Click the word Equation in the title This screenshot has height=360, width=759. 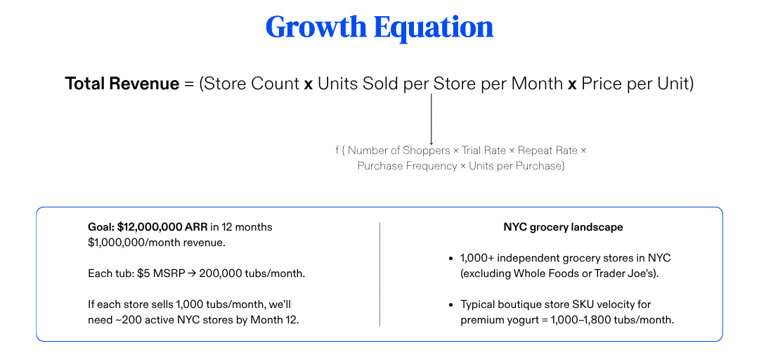434,27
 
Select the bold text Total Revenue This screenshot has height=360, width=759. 122,84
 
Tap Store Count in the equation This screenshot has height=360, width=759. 251,84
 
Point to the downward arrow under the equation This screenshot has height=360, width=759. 431,120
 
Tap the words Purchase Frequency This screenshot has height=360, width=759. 407,166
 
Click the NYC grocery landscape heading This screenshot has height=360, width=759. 563,226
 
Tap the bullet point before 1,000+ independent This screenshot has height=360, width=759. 451,258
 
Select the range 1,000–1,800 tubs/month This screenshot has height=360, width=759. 613,320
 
